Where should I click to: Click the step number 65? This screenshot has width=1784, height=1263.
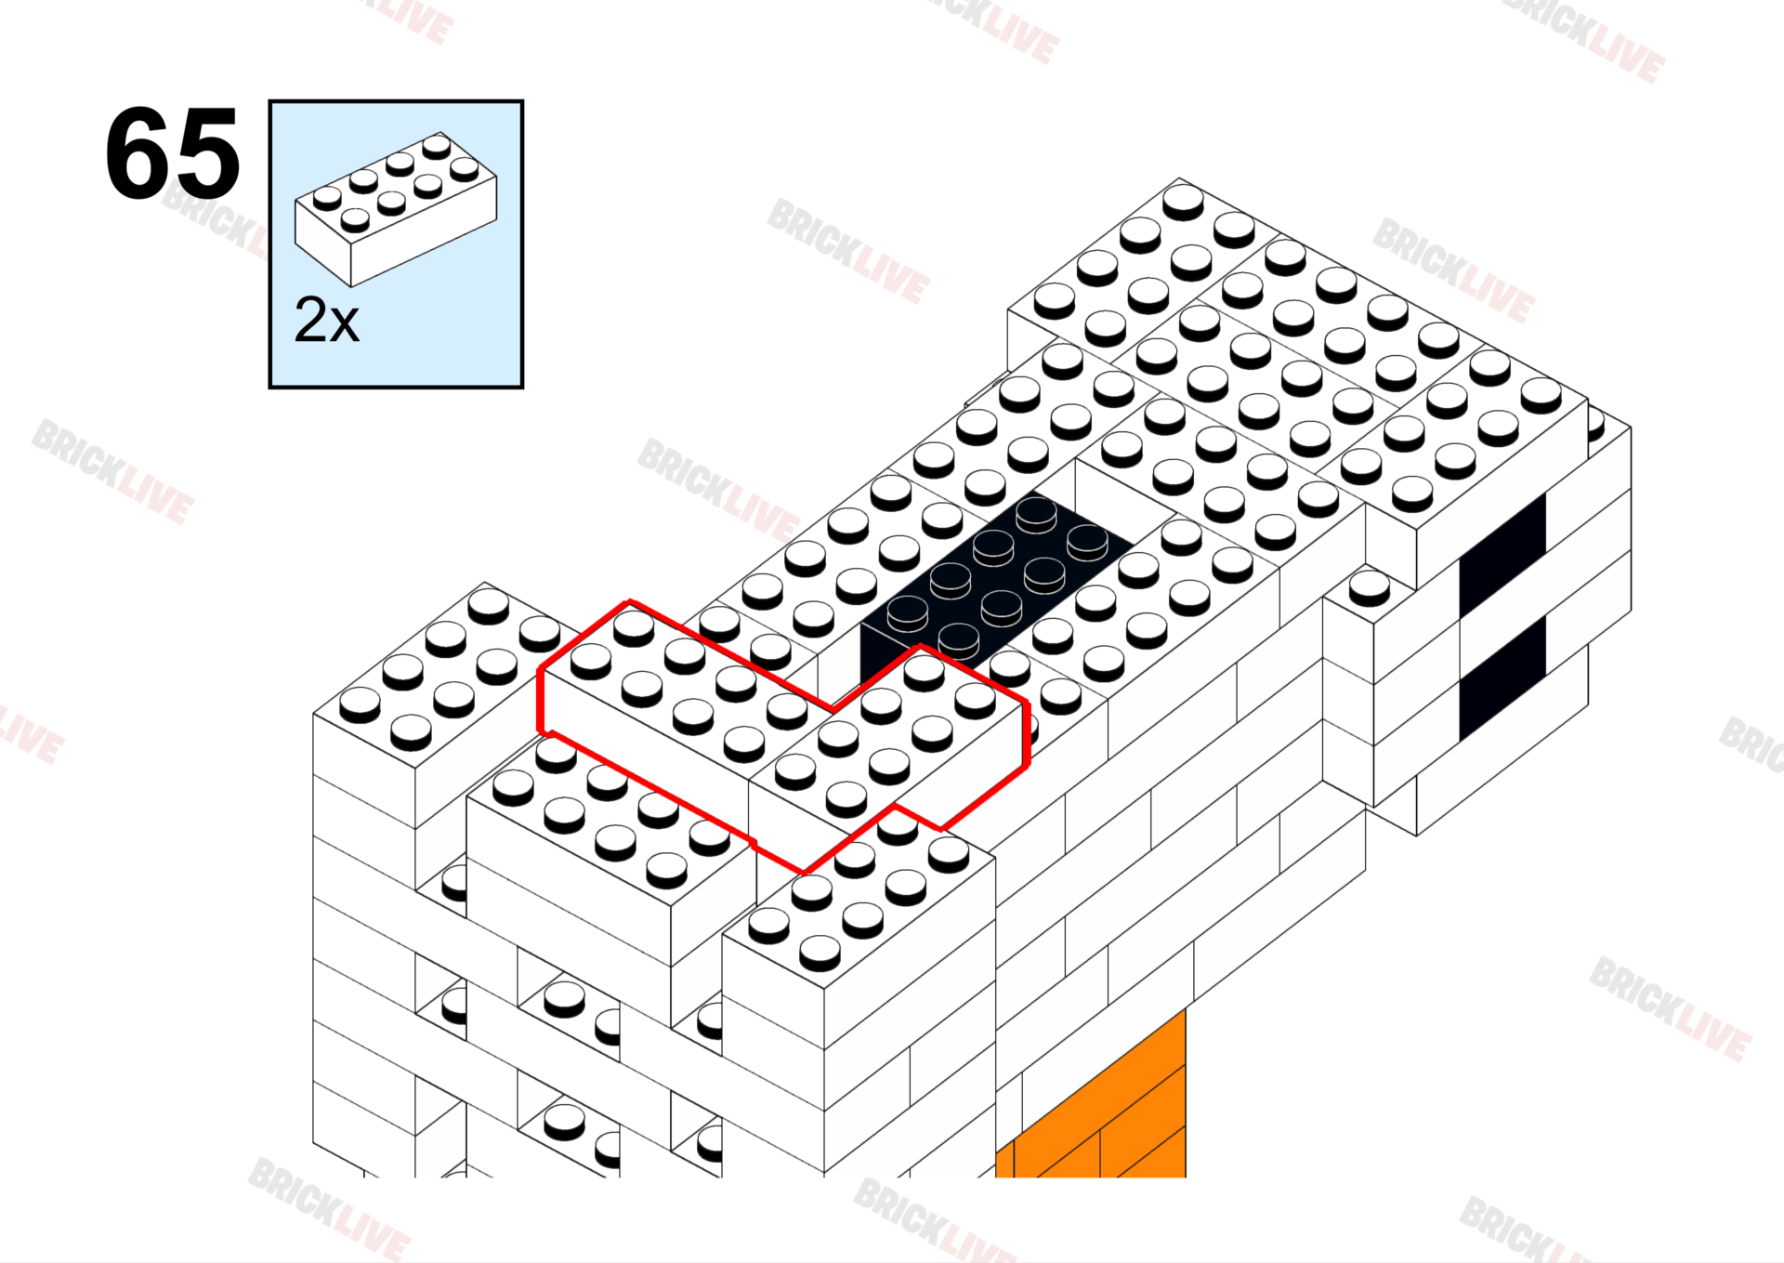(x=173, y=153)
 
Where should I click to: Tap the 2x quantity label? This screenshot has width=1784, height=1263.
(x=326, y=321)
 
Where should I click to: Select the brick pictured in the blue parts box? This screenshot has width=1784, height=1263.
(x=396, y=210)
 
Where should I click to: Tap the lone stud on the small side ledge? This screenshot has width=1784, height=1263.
(x=1370, y=587)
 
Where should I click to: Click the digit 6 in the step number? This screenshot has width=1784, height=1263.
(x=138, y=153)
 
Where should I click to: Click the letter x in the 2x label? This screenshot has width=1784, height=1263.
(x=344, y=327)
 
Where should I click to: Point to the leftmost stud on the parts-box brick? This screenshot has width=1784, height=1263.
(x=327, y=198)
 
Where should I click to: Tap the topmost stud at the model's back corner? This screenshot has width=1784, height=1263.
(x=1183, y=201)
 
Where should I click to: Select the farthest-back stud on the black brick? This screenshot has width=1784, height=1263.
(x=1036, y=512)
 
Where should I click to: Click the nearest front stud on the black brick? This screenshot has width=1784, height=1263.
(x=959, y=639)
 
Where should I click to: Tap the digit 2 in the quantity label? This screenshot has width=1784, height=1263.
(x=309, y=320)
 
